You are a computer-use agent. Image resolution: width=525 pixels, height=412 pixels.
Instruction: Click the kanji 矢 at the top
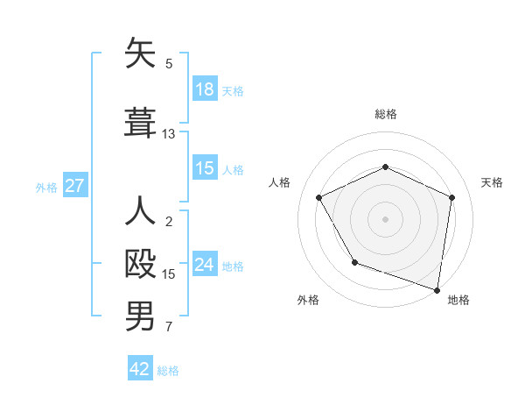[141, 55]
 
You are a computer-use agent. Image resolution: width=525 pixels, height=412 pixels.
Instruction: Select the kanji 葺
[141, 121]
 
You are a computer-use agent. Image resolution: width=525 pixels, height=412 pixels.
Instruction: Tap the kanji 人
[141, 214]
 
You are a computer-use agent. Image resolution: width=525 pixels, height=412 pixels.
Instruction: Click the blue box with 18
[205, 89]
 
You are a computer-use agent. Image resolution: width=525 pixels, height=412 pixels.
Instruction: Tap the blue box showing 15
[205, 168]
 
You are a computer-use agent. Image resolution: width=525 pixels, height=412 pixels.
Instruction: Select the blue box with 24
[205, 265]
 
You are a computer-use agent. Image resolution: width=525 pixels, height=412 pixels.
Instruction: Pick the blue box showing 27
[75, 186]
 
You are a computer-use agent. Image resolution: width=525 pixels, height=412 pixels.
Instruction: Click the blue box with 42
[140, 369]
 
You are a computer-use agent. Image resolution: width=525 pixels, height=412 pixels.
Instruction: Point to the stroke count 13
[169, 134]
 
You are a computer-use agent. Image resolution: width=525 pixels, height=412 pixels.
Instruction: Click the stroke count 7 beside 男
[169, 328]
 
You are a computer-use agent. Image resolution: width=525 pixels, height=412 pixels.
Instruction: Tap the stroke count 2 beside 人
[169, 222]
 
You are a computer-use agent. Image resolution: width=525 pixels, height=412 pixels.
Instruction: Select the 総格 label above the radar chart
[385, 114]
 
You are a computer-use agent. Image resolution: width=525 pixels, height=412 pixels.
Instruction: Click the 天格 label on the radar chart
[492, 182]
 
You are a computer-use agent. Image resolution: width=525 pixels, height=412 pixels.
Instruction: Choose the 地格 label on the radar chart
[458, 300]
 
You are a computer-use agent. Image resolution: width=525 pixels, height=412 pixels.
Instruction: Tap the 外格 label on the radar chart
[308, 300]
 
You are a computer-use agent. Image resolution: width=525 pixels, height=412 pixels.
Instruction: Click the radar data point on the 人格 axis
[319, 197]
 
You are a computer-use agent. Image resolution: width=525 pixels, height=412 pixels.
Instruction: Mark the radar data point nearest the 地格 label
[437, 288]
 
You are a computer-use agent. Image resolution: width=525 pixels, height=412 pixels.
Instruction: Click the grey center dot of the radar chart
[385, 218]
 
